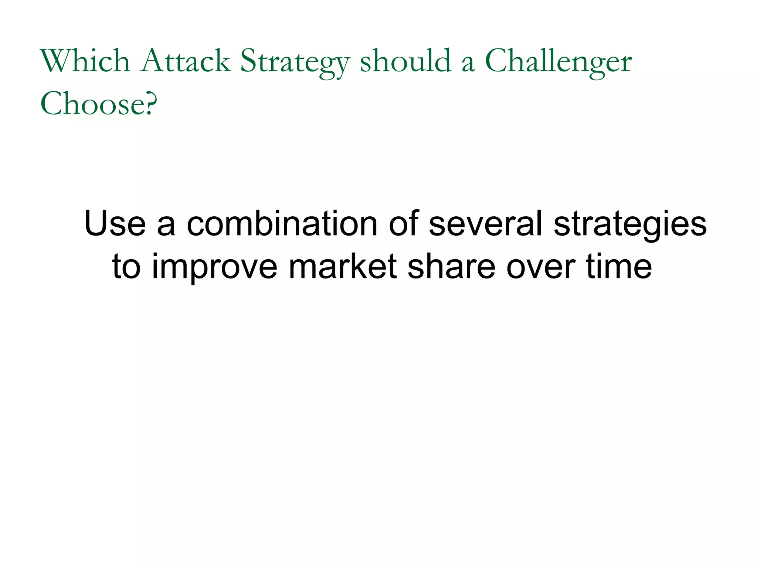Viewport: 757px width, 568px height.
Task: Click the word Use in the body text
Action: tap(115, 223)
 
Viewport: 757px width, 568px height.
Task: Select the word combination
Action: tap(282, 223)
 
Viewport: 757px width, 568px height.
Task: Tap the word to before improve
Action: tap(126, 266)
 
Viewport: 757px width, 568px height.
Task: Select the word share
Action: tap(451, 266)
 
